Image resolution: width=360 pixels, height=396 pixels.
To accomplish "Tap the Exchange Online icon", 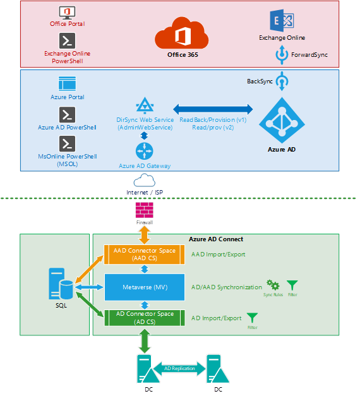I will [282, 21].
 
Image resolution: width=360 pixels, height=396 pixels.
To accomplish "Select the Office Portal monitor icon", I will [67, 12].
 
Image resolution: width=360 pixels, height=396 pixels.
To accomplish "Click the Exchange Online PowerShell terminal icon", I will [67, 41].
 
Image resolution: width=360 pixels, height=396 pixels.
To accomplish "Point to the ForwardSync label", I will [309, 55].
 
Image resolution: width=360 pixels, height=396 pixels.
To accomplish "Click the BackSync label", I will [260, 81].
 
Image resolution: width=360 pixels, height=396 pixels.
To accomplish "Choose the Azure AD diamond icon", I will [282, 119].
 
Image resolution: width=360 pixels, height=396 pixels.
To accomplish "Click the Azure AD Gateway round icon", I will [145, 151].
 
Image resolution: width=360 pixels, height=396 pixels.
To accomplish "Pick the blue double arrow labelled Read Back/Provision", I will [212, 109].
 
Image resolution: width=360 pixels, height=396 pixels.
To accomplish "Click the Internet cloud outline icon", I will [144, 180].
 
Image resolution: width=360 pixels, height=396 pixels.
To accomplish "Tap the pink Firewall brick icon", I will [144, 209].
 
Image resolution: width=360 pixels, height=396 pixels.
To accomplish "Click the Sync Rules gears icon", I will [273, 285].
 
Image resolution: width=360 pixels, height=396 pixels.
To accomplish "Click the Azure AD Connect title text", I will [216, 239].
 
